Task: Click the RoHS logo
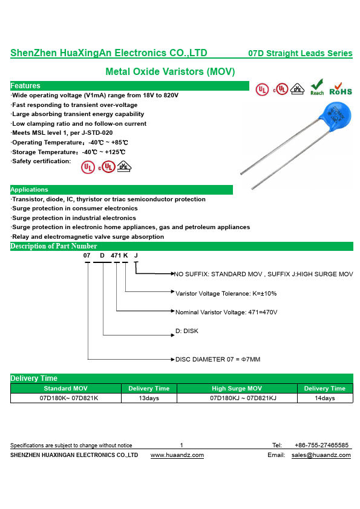[341, 89]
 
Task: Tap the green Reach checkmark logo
[317, 87]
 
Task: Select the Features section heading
[25, 86]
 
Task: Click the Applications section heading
[29, 190]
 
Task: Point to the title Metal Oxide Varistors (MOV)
[170, 71]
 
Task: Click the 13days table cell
[149, 398]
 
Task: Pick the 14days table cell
[324, 398]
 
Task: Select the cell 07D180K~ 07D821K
[69, 398]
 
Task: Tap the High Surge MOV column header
[237, 388]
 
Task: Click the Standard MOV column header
[65, 388]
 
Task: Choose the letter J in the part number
[136, 256]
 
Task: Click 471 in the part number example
[116, 256]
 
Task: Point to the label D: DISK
[187, 331]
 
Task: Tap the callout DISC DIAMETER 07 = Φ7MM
[218, 359]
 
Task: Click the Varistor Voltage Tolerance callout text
[226, 293]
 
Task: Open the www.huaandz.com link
[177, 455]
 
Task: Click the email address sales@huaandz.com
[321, 455]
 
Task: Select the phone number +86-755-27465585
[321, 445]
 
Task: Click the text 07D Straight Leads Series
[300, 53]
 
